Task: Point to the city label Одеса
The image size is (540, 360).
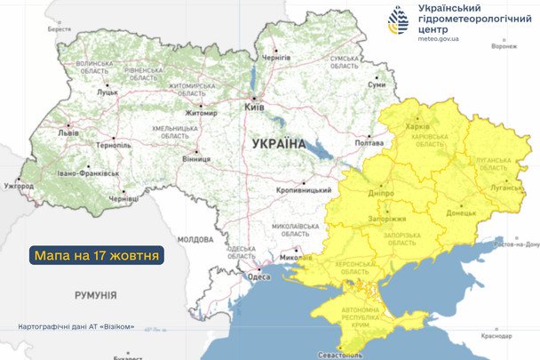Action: tap(258, 276)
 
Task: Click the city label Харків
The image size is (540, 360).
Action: tap(417, 127)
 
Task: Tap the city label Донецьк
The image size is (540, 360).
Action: tap(461, 213)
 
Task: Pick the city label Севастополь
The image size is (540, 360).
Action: tap(344, 356)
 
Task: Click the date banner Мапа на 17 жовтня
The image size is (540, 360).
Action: tap(98, 256)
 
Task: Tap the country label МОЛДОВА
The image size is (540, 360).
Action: tap(195, 239)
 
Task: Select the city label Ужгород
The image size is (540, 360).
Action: tap(19, 186)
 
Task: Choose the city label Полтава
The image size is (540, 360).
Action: tap(369, 141)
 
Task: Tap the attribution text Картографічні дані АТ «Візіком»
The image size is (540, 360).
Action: tap(76, 327)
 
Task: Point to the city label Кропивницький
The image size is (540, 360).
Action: tap(297, 191)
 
